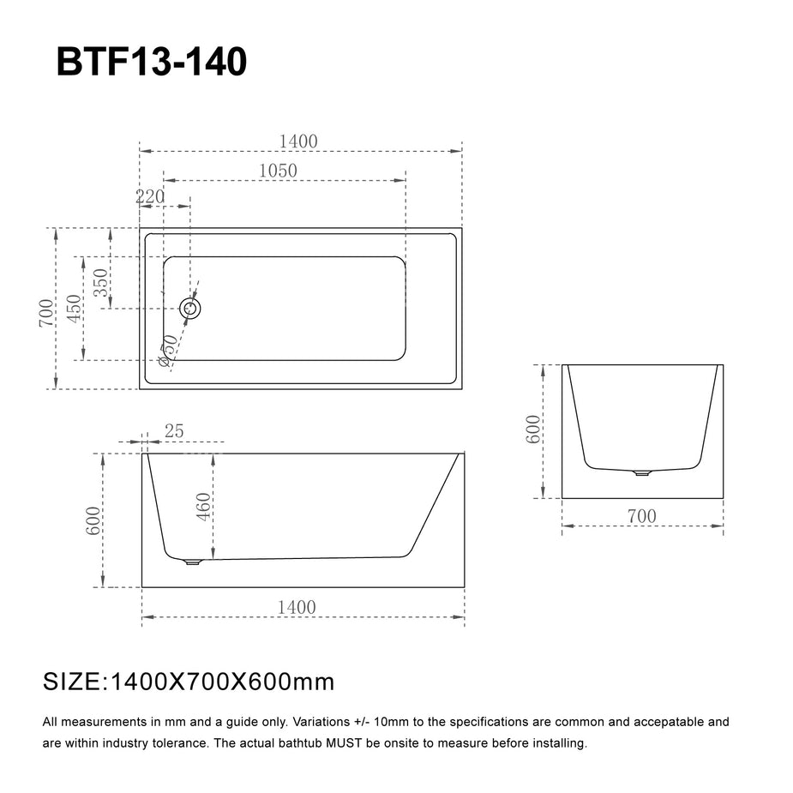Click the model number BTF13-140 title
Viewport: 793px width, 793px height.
(x=151, y=62)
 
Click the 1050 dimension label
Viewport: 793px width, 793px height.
(x=278, y=171)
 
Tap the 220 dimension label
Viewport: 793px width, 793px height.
(x=150, y=196)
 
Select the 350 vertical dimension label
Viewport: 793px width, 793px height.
(x=100, y=283)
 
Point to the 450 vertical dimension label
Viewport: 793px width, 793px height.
(x=74, y=309)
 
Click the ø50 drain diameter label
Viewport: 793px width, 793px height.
(x=167, y=350)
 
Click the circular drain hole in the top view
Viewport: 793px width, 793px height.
(x=190, y=308)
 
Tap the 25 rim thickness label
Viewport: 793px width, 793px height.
(x=174, y=431)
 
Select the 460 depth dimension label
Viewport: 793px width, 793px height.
(x=203, y=507)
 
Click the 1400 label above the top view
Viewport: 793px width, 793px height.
(x=298, y=141)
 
